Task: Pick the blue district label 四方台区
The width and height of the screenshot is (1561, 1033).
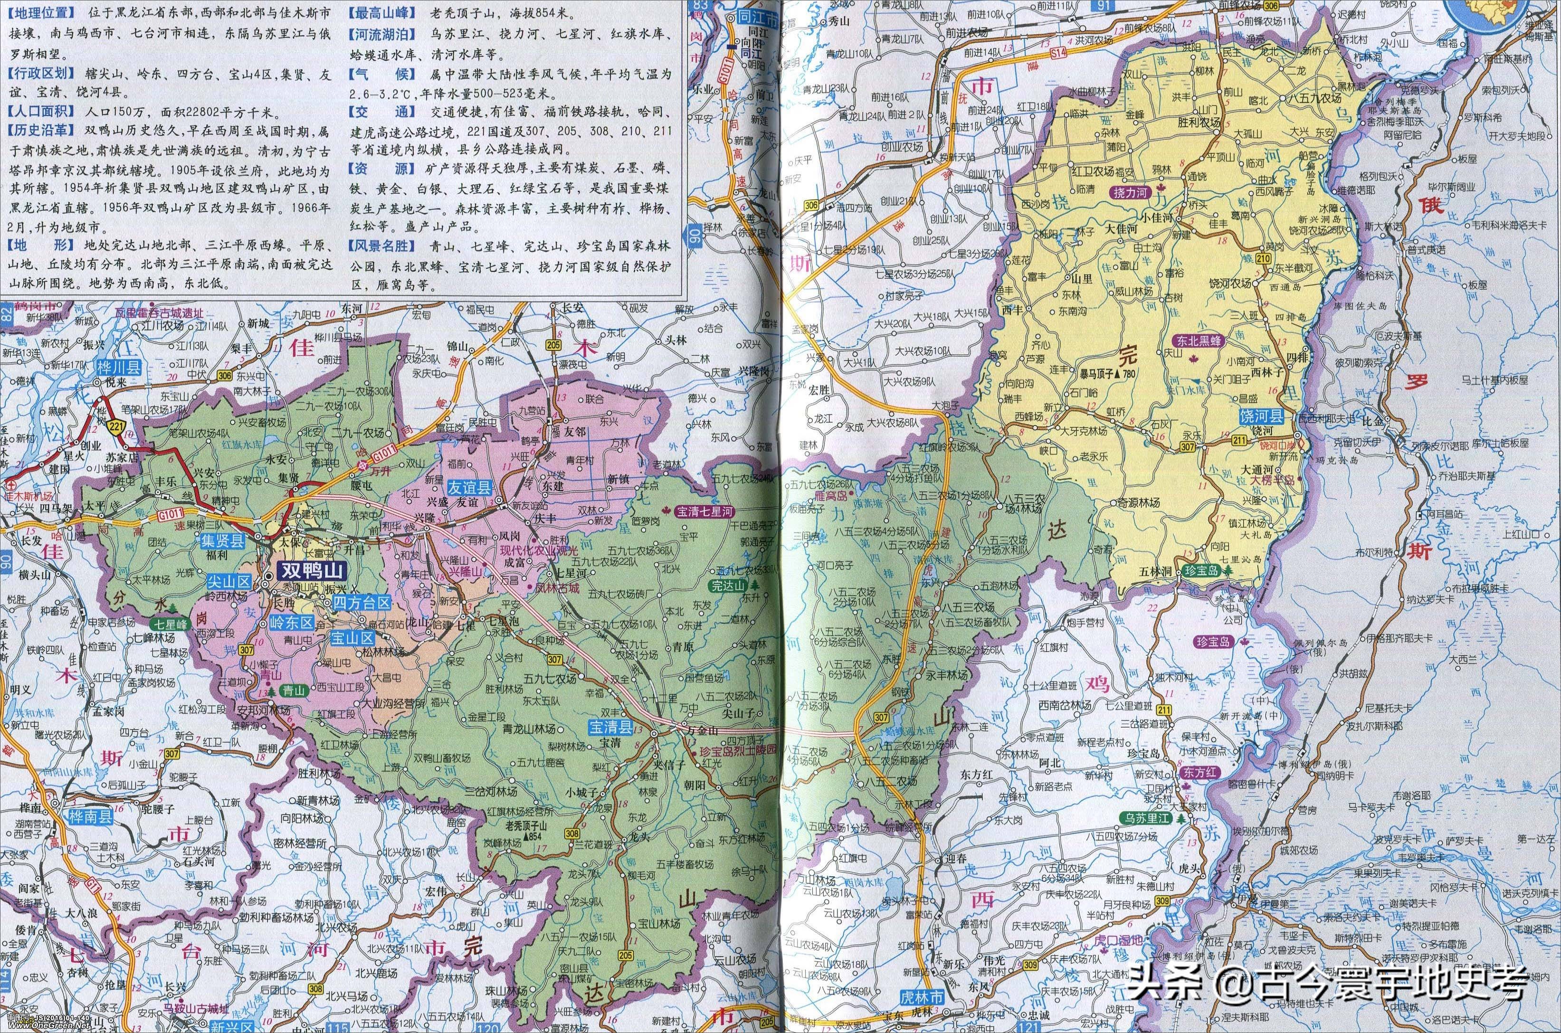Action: pyautogui.click(x=362, y=602)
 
